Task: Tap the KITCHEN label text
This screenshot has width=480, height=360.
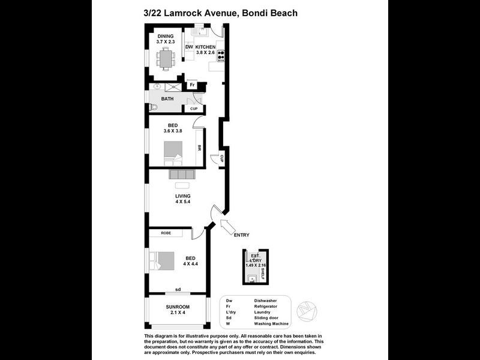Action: tap(205, 47)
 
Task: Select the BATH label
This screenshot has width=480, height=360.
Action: tap(167, 98)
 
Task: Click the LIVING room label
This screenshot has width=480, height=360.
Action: tap(182, 196)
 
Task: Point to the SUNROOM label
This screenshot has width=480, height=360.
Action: tap(178, 307)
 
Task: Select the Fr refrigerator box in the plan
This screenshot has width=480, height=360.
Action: tap(192, 85)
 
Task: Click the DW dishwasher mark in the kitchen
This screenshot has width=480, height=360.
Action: tap(188, 47)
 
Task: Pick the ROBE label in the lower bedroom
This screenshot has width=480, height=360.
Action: tap(166, 233)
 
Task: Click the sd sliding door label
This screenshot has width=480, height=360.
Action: tap(178, 289)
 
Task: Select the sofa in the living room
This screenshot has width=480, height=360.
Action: tap(182, 175)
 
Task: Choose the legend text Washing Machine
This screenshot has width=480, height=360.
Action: tap(271, 324)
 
